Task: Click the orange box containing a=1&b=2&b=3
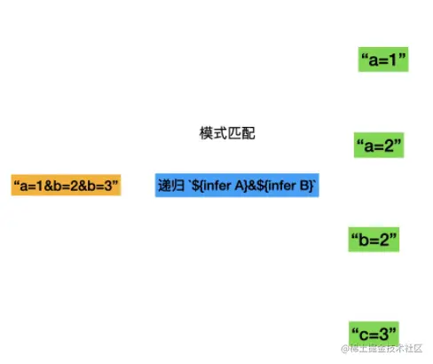(x=66, y=185)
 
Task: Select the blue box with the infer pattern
(x=237, y=186)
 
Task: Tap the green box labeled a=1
(x=383, y=59)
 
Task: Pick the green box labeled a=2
(x=379, y=145)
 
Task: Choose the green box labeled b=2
(x=374, y=240)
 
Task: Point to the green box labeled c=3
(x=374, y=334)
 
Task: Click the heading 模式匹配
(x=227, y=133)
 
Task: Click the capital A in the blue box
(x=240, y=186)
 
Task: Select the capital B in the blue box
(x=304, y=186)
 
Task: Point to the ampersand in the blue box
(x=252, y=186)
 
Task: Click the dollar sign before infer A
(x=195, y=186)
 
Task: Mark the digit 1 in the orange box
(x=40, y=186)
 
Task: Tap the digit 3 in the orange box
(x=108, y=186)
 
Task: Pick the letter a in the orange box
(x=24, y=186)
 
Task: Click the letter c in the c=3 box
(x=364, y=335)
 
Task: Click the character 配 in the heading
(x=248, y=133)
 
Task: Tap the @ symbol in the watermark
(x=345, y=349)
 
